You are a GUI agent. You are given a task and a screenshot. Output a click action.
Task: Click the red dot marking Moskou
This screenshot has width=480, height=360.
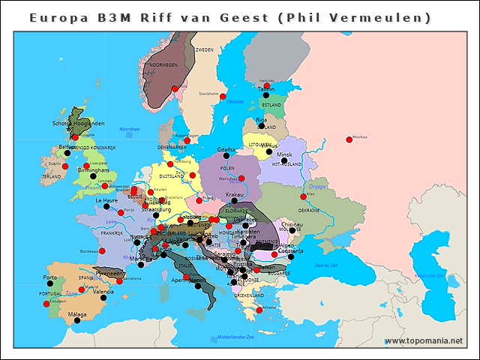349,139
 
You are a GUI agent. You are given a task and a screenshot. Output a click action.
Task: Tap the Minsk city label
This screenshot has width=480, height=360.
284,154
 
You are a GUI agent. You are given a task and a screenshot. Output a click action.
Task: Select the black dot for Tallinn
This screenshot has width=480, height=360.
266,95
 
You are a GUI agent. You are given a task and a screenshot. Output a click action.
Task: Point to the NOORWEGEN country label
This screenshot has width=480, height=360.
163,65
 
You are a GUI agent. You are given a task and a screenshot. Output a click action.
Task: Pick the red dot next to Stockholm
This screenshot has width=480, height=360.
222,97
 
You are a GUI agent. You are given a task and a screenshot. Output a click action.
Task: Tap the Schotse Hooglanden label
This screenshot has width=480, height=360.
78,123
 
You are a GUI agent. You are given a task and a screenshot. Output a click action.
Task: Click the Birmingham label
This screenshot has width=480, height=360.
93,170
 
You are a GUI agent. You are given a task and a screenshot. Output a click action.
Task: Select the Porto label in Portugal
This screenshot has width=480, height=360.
49,277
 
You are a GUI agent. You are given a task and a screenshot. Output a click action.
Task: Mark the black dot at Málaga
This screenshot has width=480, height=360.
76,321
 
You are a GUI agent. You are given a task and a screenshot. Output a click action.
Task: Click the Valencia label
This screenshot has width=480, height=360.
103,291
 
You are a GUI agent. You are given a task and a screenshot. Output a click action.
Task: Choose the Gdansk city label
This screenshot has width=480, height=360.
226,149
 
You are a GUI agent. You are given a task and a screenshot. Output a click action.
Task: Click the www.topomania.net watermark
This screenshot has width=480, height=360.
424,341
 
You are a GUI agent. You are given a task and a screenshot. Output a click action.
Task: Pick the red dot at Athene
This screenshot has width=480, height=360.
259,310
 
